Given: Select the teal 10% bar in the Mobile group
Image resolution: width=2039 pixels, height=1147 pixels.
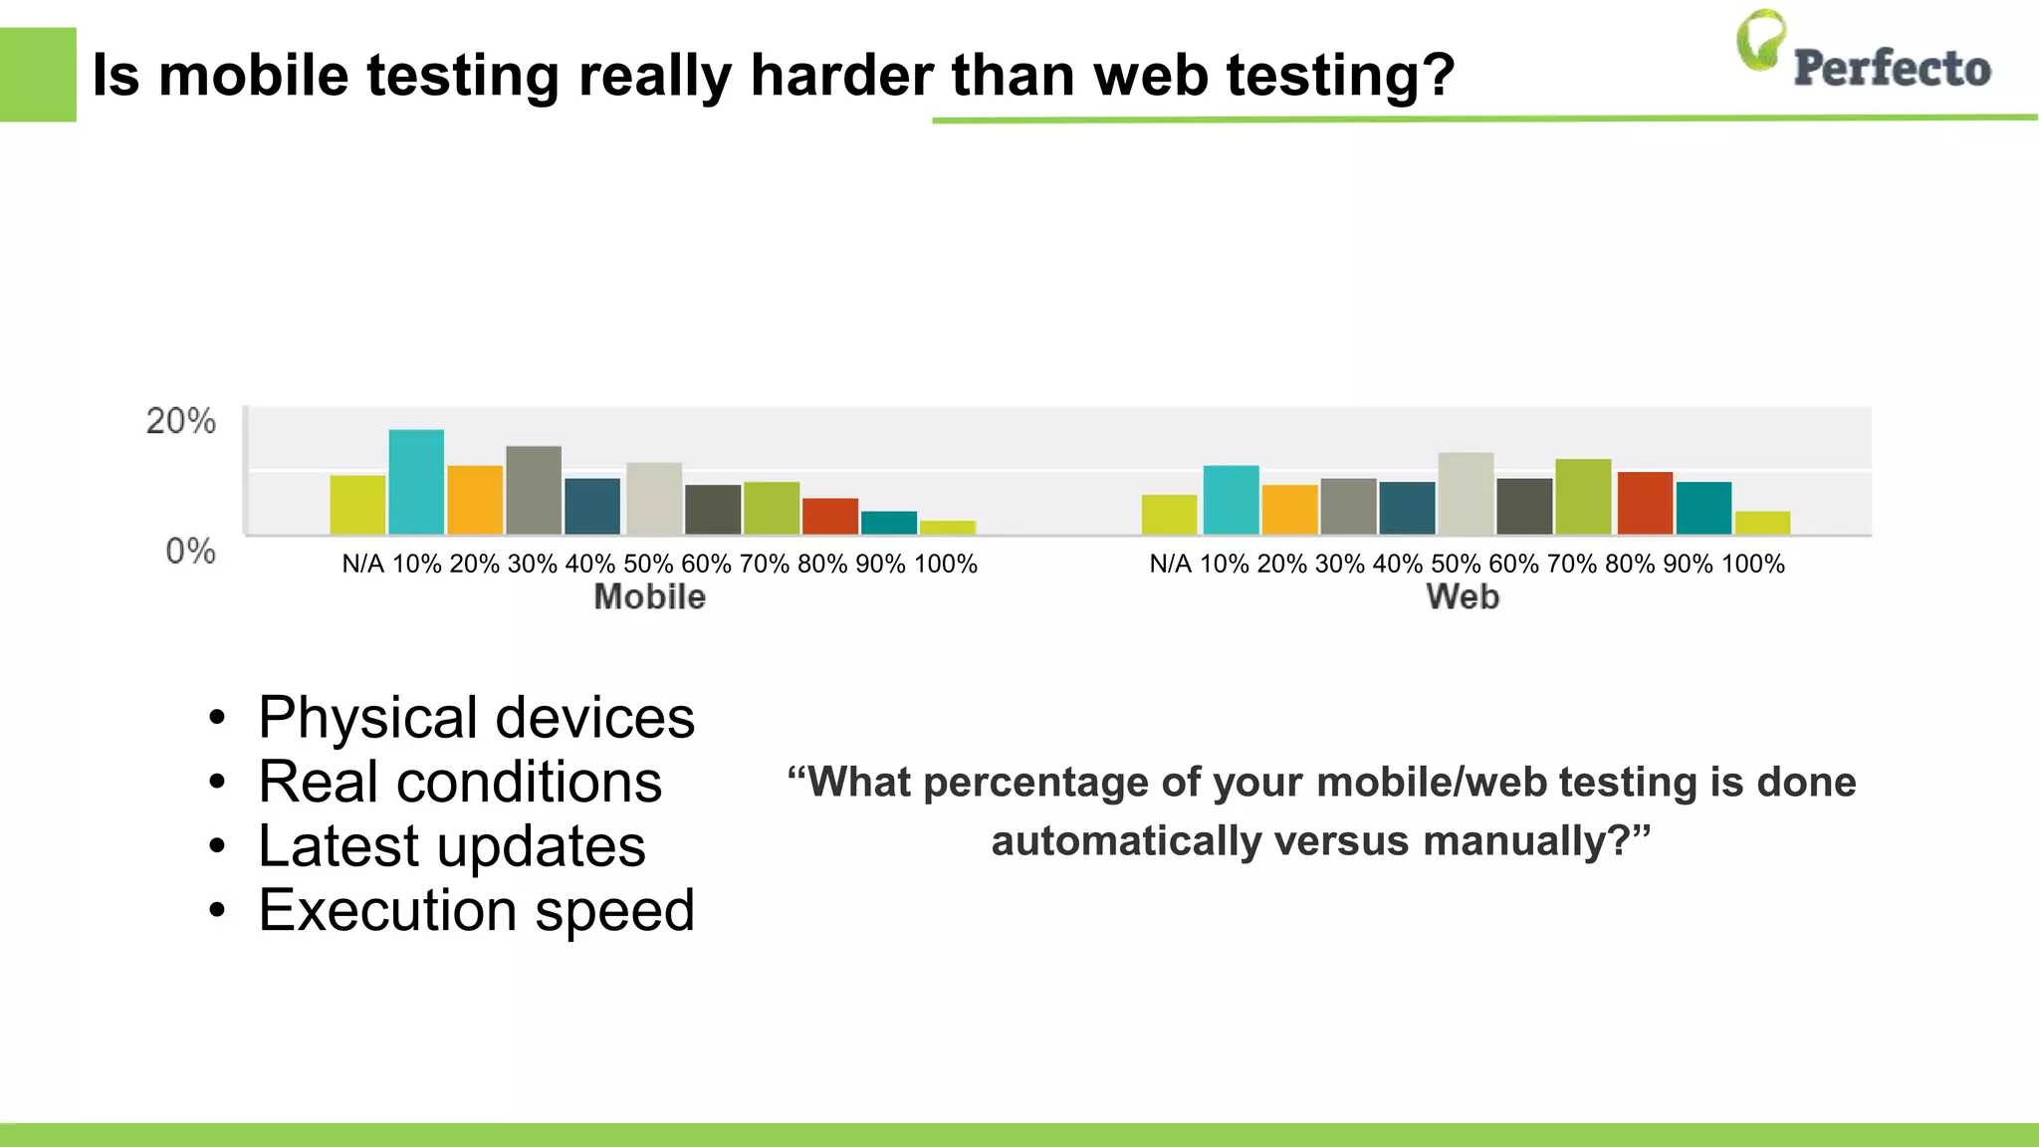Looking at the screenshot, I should tap(416, 482).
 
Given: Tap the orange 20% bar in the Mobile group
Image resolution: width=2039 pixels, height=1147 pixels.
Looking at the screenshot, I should tap(475, 500).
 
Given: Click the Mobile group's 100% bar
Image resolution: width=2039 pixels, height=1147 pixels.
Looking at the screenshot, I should tap(948, 528).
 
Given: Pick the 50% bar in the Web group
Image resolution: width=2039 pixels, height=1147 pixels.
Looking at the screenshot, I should tap(1466, 494).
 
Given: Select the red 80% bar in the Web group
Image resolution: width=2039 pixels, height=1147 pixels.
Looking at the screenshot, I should tap(1645, 504).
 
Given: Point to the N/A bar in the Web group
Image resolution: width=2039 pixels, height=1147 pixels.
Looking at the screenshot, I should tap(1169, 515).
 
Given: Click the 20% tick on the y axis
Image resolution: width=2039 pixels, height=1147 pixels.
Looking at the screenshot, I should tap(181, 421).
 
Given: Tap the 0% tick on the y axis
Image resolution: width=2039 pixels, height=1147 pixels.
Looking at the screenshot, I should tap(190, 551).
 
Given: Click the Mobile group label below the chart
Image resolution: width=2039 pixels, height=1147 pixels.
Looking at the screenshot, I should tap(649, 597).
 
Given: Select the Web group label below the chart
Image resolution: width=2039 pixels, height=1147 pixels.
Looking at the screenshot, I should tap(1462, 597).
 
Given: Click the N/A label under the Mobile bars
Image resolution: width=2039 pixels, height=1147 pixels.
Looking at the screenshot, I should tap(362, 565).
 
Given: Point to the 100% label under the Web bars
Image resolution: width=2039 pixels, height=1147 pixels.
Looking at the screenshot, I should tap(1752, 565).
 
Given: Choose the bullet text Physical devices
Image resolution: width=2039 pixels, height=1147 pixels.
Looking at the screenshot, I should tap(476, 718).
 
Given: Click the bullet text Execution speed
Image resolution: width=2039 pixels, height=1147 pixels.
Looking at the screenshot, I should tap(476, 910).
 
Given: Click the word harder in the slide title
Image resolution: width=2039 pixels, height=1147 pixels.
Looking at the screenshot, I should tap(842, 76).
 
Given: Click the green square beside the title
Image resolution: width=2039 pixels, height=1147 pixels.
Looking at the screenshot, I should tap(38, 75).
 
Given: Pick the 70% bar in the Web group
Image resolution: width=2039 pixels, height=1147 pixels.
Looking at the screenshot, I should tap(1583, 497).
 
